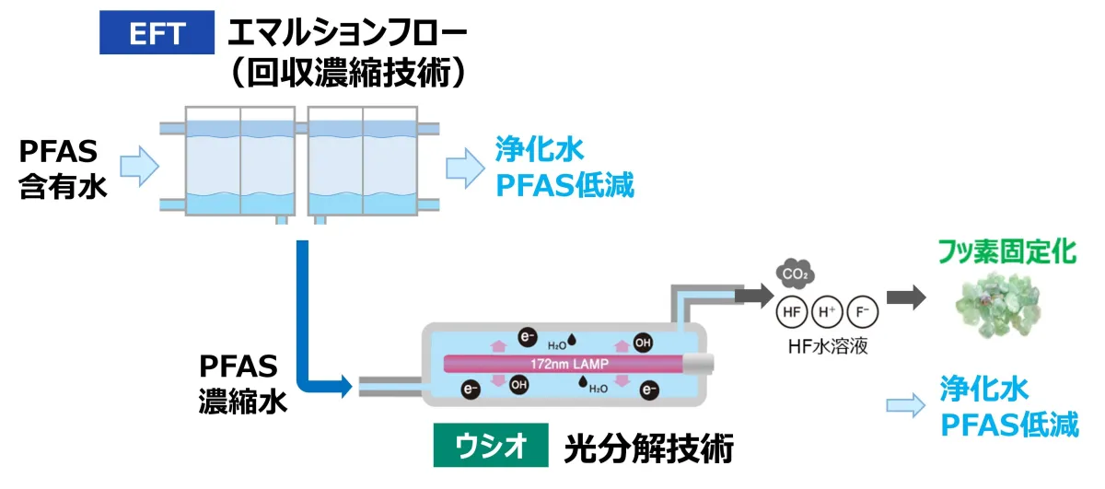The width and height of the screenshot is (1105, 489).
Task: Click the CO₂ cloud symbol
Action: click(792, 274)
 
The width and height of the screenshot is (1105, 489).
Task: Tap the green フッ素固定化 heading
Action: click(1006, 251)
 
